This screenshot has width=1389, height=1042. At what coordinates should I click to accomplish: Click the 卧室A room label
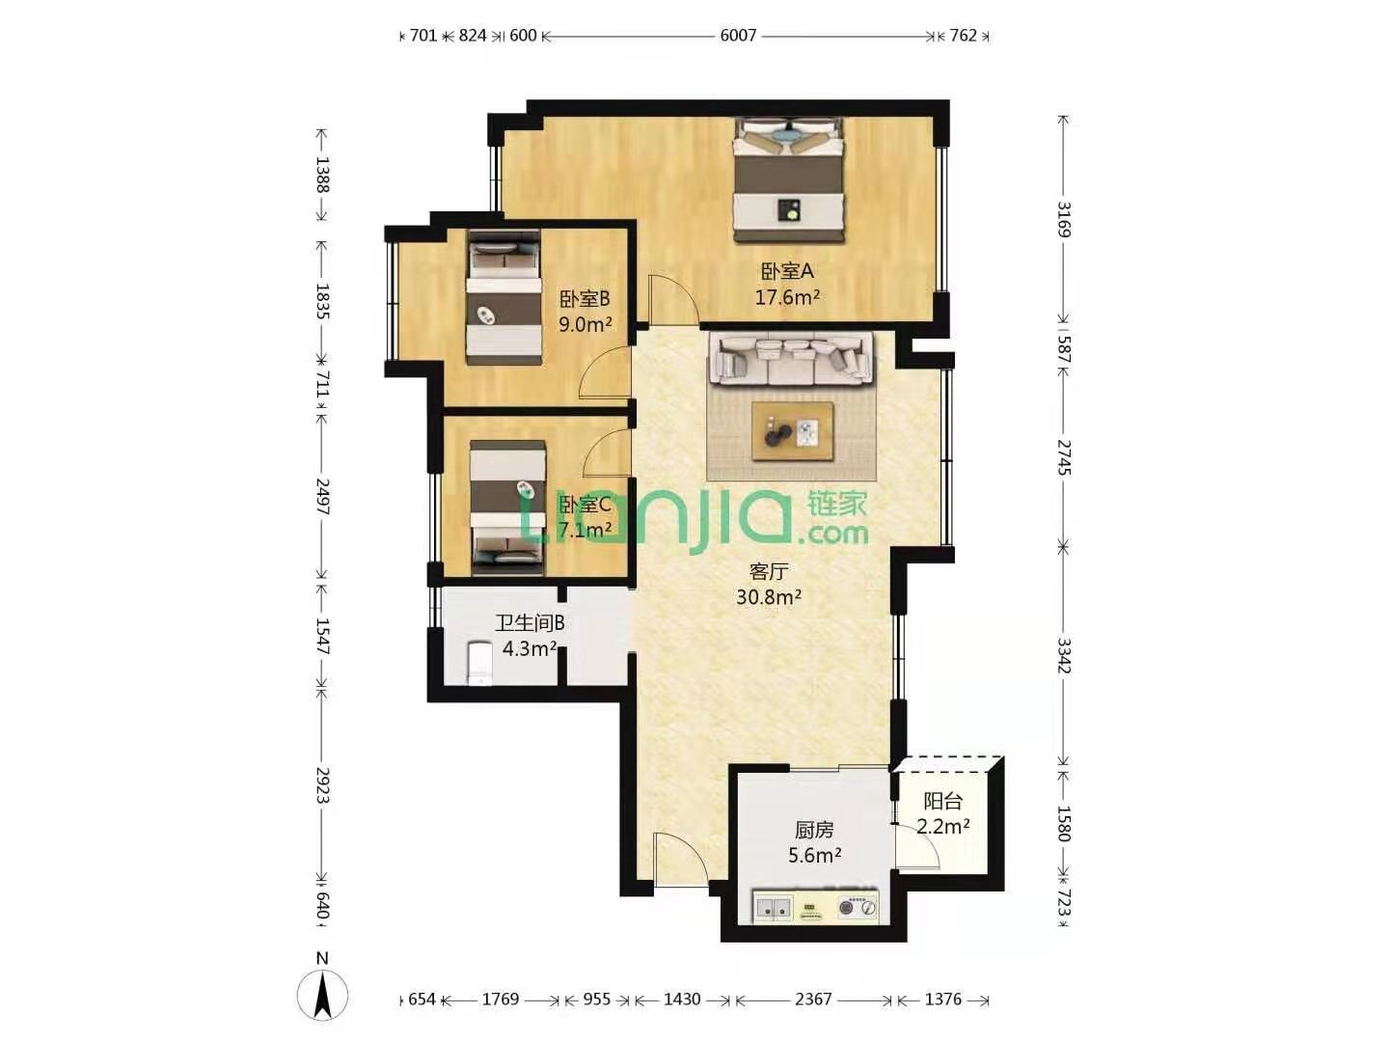[x=786, y=271]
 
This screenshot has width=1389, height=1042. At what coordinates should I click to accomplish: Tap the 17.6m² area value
[x=787, y=297]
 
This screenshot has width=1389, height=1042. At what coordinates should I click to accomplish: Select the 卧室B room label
[x=585, y=299]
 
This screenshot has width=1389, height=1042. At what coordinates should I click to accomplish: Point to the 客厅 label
[x=768, y=572]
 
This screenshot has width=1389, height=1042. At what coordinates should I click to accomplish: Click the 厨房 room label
[x=814, y=830]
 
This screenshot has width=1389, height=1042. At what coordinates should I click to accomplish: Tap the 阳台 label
[x=942, y=802]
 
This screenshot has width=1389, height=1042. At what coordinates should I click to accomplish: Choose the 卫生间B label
[x=529, y=623]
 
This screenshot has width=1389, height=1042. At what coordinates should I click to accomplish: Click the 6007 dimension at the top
[x=738, y=36]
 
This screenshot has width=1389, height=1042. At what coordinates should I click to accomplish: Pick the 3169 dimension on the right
[x=1064, y=219]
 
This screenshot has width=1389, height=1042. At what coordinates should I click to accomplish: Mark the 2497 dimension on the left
[x=323, y=496]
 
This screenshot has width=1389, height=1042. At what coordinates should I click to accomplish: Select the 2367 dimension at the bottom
[x=813, y=999]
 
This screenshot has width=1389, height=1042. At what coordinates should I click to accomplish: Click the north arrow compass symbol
[x=323, y=994]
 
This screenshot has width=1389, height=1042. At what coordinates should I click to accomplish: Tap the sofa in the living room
[x=791, y=359]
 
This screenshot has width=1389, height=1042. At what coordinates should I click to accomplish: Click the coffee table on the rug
[x=792, y=431]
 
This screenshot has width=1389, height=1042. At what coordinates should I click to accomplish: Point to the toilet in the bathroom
[x=479, y=663]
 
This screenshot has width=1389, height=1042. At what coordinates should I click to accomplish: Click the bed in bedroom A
[x=788, y=180]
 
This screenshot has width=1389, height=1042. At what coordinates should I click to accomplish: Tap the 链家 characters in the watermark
[x=836, y=505]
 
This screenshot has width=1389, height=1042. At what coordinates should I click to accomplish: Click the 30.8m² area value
[x=769, y=596]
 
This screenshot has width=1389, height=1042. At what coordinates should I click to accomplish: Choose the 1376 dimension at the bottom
[x=942, y=999]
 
